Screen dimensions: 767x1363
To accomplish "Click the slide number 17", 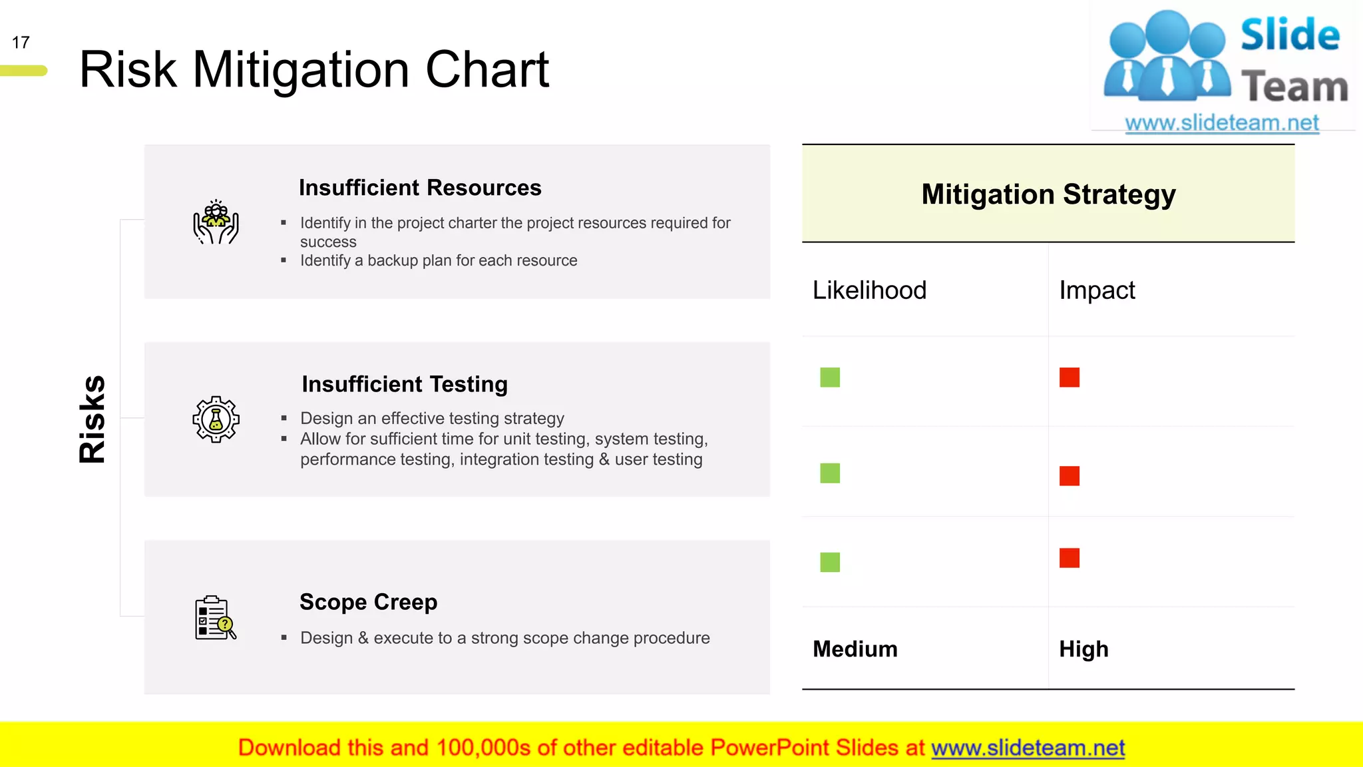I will tap(21, 43).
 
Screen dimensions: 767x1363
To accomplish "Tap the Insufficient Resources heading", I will tap(420, 188).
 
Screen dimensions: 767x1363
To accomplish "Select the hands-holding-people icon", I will tap(216, 222).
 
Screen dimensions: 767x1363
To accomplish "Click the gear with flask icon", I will tap(216, 419).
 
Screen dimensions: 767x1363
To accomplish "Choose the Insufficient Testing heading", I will tap(405, 384).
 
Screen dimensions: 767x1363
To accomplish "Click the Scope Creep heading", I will tap(368, 602).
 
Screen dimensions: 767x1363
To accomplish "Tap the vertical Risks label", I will tap(92, 419).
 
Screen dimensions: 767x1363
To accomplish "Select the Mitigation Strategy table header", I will tap(1048, 194).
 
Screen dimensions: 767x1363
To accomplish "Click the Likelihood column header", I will tap(869, 290).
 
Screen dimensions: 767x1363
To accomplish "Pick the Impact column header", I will tap(1097, 290).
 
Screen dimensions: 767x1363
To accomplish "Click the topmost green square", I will tap(830, 378).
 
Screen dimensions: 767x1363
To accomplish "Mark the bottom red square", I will tap(1070, 558).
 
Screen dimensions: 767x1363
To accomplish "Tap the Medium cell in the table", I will tap(855, 649).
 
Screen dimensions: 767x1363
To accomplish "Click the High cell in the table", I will tap(1083, 649).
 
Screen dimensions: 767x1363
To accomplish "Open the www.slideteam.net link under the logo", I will tap(1222, 123).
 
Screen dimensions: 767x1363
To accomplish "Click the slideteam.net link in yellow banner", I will tap(1028, 748).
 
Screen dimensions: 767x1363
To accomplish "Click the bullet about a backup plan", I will tap(439, 260).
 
